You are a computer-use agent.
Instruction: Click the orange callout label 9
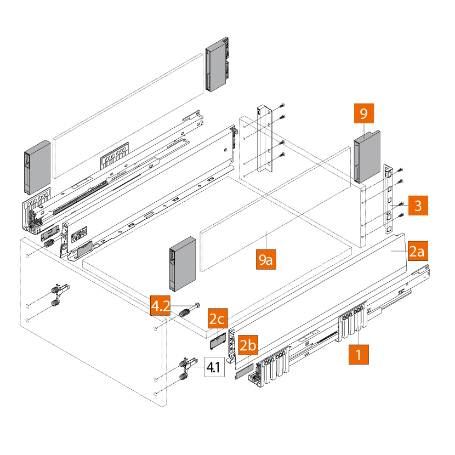(x=363, y=114)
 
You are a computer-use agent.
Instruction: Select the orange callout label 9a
(x=266, y=258)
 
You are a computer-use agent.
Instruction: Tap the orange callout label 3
(x=417, y=206)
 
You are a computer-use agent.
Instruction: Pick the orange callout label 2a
(x=417, y=252)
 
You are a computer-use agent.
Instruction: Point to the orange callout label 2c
(x=218, y=318)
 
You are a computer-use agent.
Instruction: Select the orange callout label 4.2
(x=162, y=305)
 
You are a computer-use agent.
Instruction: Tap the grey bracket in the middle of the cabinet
(x=183, y=264)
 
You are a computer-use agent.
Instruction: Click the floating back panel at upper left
(x=126, y=115)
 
